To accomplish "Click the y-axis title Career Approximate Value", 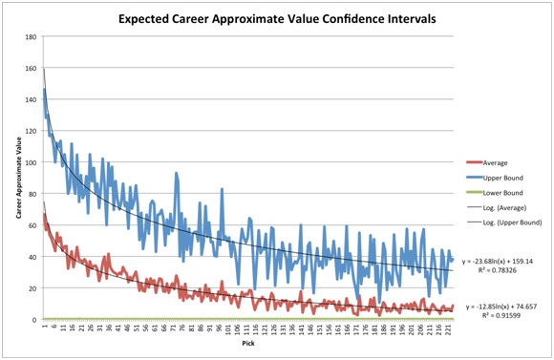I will (18, 180).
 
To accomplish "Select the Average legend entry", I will (498, 162).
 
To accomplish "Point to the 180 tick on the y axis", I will (32, 37).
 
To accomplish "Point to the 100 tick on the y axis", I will (32, 162).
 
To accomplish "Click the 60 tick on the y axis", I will (33, 225).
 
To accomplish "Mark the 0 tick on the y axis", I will (35, 320).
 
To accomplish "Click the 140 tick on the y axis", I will (32, 100).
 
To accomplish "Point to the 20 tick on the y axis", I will (33, 288).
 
